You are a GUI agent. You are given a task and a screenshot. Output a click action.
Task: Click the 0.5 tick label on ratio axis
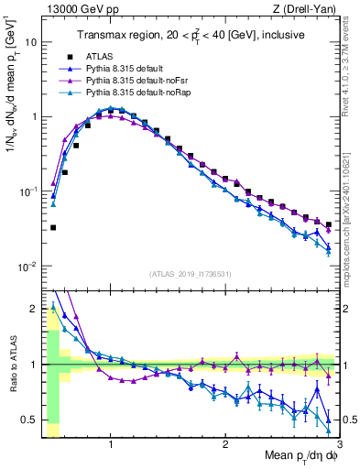tap(29, 420)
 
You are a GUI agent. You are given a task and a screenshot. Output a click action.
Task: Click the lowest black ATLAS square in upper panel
tap(53, 227)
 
